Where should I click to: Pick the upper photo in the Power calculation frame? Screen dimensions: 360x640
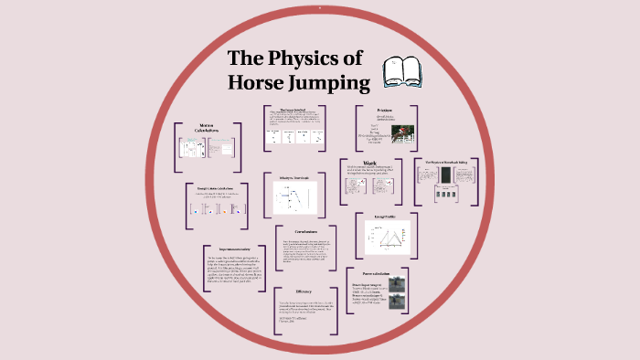(397, 285)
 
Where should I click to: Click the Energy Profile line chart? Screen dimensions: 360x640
(384, 235)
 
